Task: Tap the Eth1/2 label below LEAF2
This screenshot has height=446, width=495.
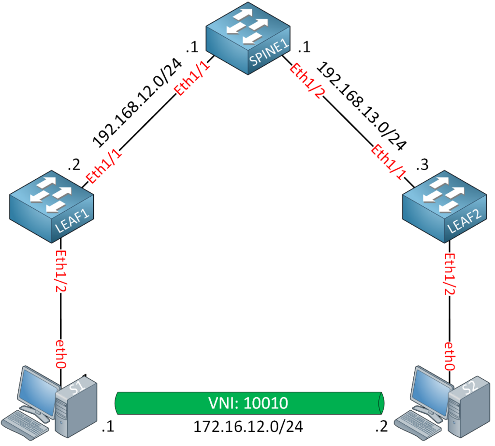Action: click(450, 273)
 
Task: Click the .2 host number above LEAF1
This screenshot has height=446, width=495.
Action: click(73, 166)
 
